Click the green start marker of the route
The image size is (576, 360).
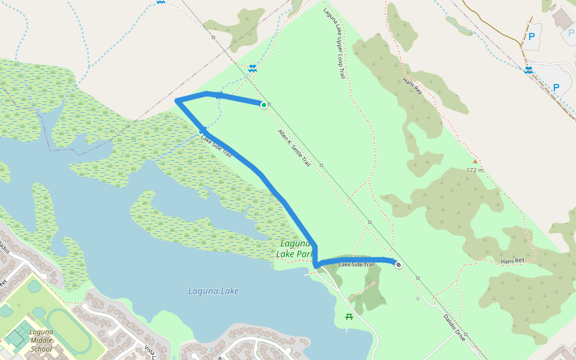263,104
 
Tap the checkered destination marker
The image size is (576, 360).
398,264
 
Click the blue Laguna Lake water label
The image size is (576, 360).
214,291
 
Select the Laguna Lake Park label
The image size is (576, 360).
295,249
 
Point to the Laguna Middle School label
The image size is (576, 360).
41,340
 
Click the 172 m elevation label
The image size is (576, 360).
475,170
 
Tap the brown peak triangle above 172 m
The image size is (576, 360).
475,161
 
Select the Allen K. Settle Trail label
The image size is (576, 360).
294,148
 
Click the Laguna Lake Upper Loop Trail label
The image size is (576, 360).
334,43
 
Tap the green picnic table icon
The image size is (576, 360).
349,316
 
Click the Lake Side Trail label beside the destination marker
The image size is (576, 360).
356,265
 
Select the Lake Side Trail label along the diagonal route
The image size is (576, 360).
216,146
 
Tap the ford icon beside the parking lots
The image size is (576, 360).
529,70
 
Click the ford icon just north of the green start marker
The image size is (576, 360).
253,68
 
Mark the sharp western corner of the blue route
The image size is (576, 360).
176,101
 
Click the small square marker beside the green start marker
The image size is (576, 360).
269,104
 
